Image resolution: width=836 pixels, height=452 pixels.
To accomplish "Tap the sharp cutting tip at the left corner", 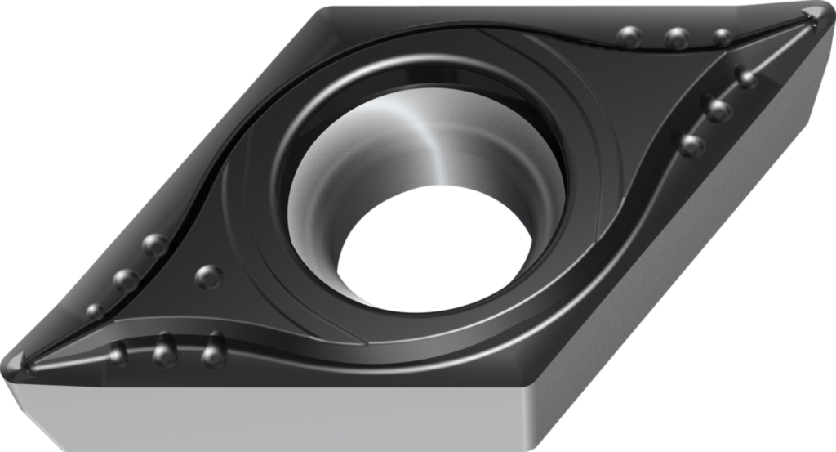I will [x=18, y=360].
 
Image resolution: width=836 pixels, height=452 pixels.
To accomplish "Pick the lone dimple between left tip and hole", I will [x=209, y=276].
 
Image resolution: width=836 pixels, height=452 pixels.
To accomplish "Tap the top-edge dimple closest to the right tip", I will [x=722, y=37].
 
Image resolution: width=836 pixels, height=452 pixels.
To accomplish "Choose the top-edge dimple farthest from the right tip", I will [x=629, y=36].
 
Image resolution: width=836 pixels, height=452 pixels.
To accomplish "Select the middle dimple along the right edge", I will [x=718, y=109].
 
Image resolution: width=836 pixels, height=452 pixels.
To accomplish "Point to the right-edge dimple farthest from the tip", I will [x=691, y=145].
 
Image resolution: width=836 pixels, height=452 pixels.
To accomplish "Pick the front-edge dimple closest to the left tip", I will [x=119, y=353].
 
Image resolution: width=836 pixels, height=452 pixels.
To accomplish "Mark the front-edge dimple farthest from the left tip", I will [x=213, y=353].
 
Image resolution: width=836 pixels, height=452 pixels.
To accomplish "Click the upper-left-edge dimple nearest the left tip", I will [x=96, y=311].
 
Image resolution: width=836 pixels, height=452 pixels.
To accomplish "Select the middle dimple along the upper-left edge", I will [x=125, y=280].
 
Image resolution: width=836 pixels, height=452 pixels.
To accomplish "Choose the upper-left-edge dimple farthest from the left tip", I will [x=154, y=244].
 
